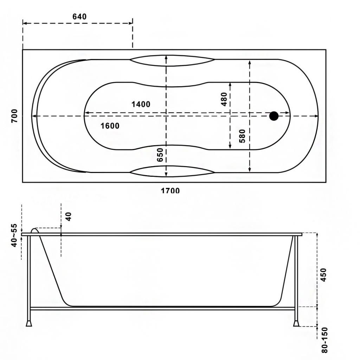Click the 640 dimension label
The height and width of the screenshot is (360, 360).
click(x=79, y=17)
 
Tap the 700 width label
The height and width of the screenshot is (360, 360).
click(x=14, y=116)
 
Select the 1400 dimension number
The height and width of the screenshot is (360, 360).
click(x=141, y=104)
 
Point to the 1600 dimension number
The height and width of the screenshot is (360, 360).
click(x=110, y=126)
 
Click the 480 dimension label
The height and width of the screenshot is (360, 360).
click(x=224, y=99)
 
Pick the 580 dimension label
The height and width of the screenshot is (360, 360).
click(x=242, y=136)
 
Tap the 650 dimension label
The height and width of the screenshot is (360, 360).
click(x=160, y=155)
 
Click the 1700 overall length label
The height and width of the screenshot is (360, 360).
click(x=170, y=190)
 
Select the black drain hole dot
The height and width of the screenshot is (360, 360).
click(x=274, y=116)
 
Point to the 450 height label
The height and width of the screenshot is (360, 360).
click(x=323, y=275)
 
